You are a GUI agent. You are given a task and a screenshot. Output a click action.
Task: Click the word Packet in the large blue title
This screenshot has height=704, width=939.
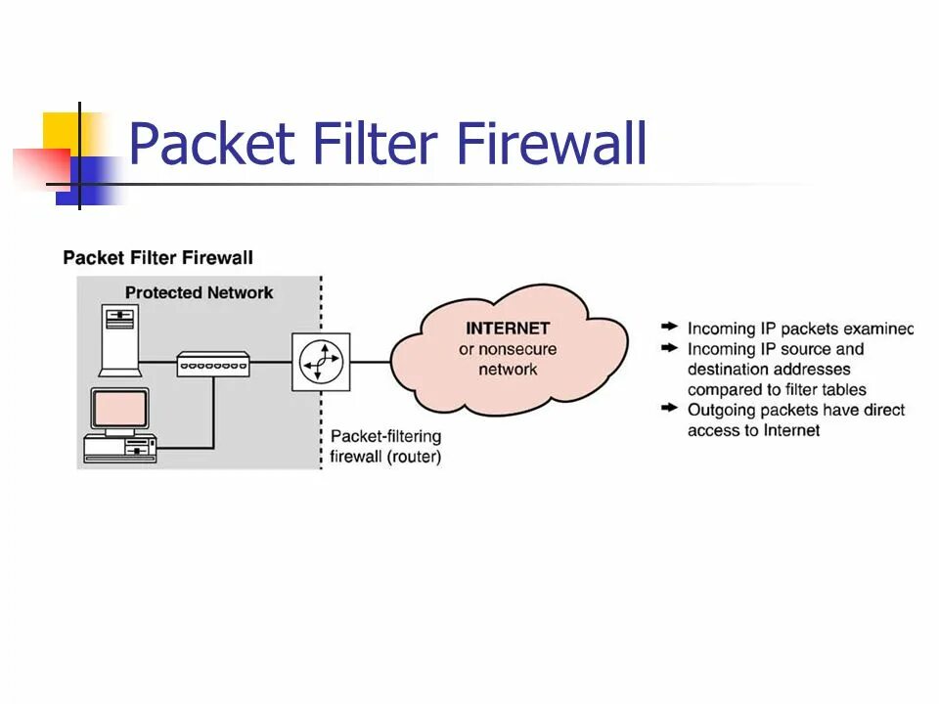click(x=212, y=144)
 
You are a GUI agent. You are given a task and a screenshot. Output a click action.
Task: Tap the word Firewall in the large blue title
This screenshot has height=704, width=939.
click(x=552, y=144)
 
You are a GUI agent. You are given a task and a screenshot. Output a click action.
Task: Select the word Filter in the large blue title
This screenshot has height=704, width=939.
click(x=375, y=144)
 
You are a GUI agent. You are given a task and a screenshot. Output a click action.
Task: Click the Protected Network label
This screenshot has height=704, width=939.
click(x=199, y=292)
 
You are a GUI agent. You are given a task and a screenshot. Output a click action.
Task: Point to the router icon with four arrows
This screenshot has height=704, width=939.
click(x=321, y=362)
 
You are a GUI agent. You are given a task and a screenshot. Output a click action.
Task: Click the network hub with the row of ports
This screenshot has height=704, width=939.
click(x=213, y=364)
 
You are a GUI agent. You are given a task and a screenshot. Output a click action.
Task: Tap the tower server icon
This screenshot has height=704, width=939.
click(x=120, y=340)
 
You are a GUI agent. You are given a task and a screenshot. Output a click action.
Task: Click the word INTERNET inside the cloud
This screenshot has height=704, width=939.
click(x=508, y=329)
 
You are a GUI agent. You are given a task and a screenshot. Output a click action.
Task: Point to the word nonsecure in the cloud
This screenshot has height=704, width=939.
click(x=518, y=349)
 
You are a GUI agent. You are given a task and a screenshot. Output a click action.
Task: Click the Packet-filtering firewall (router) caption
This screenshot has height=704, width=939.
click(x=385, y=447)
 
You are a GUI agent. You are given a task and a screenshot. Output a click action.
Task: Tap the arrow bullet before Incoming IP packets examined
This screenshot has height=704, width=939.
click(x=669, y=327)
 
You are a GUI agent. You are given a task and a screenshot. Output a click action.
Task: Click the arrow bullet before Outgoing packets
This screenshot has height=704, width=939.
click(x=669, y=408)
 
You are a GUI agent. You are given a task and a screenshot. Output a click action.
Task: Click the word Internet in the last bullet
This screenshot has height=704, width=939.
click(x=791, y=430)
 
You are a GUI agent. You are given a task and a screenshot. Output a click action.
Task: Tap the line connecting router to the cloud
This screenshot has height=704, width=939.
click(x=371, y=362)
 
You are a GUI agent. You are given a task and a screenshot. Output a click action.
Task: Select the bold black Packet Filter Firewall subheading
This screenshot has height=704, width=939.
click(x=158, y=258)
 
